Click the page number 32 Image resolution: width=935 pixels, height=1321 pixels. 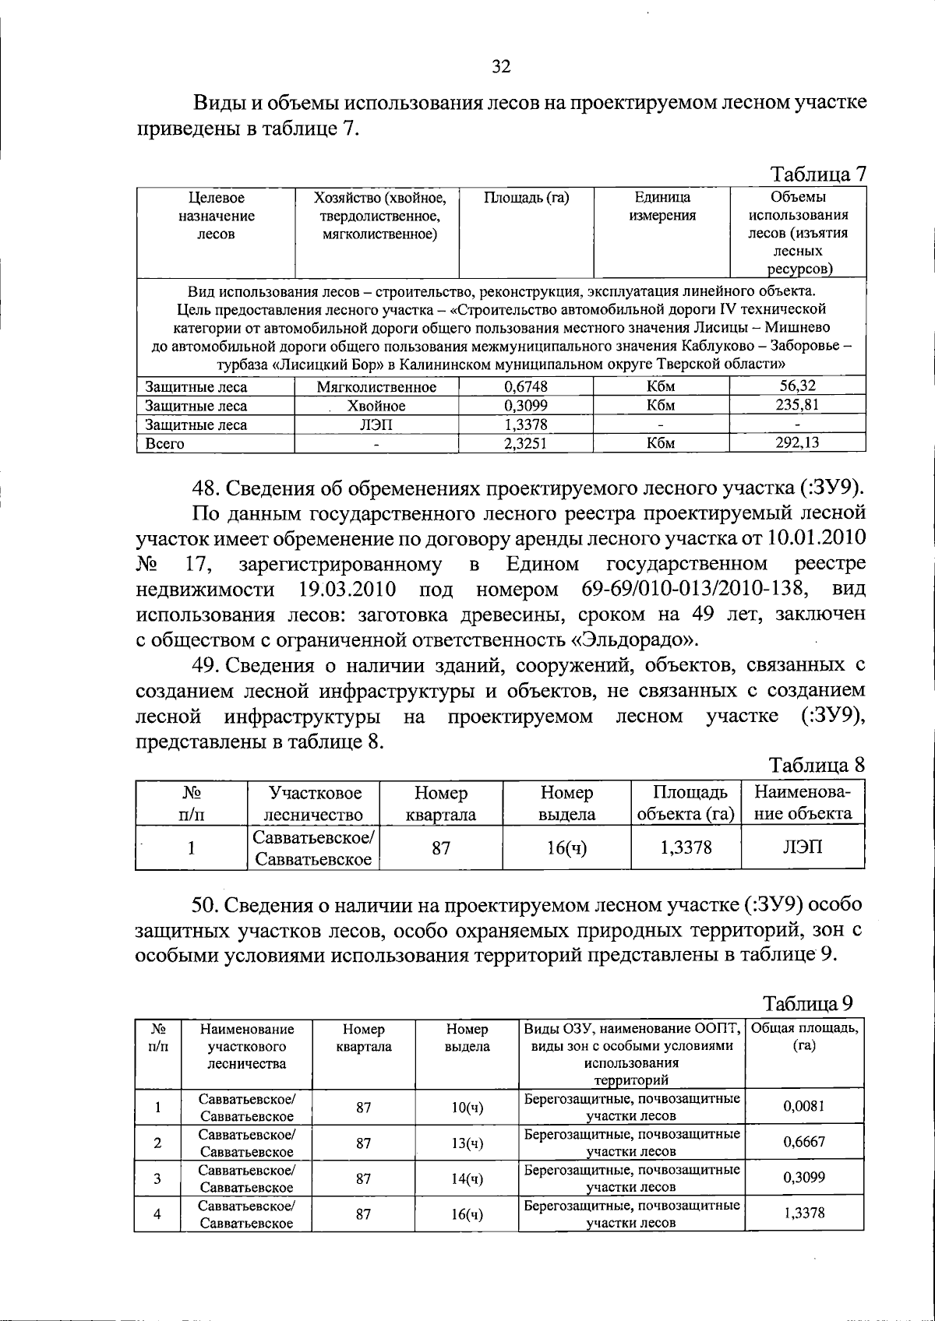[x=501, y=66]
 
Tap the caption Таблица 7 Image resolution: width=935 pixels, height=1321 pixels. [x=818, y=174]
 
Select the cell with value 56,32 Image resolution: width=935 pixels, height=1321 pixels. [x=798, y=386]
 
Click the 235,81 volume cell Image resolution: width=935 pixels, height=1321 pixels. [x=798, y=405]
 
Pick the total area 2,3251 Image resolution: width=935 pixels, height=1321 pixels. [x=526, y=443]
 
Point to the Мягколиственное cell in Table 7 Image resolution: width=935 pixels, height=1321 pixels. [x=376, y=387]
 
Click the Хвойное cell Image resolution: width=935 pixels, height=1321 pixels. [x=376, y=406]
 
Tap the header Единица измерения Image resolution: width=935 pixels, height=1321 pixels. [x=662, y=207]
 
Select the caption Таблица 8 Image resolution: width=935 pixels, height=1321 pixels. [x=817, y=765]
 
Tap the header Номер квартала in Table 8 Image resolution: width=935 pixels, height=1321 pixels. [x=441, y=804]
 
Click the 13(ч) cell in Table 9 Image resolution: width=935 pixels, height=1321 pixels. [x=467, y=1143]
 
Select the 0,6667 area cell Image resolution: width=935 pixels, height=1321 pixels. [x=803, y=1142]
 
